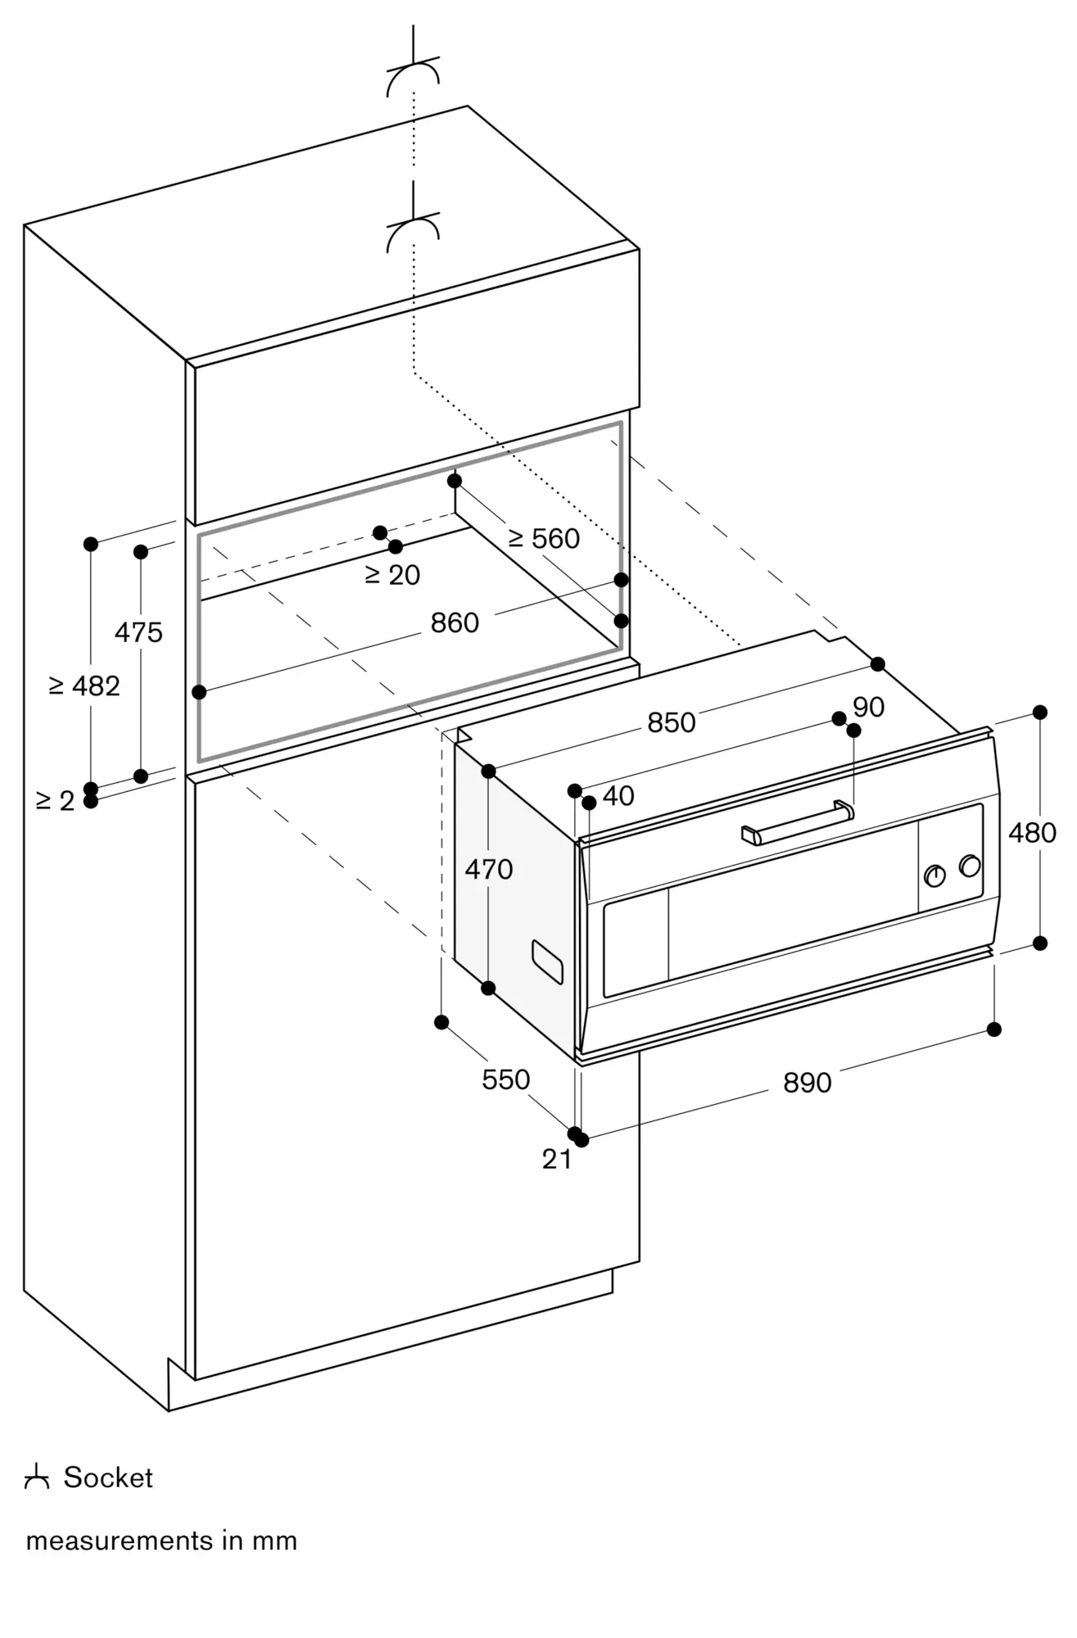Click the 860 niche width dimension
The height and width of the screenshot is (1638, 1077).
[455, 623]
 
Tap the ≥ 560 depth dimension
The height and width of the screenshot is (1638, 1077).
[544, 538]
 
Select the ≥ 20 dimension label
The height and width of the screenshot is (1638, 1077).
[392, 575]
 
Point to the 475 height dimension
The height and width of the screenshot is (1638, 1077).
[138, 632]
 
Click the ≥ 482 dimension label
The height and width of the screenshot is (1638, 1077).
[84, 686]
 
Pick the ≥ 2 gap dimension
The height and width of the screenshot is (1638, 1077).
[56, 800]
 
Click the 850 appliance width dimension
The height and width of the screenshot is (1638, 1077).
[672, 722]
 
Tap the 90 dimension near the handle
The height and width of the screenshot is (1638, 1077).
[869, 707]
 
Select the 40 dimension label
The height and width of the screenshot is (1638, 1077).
[618, 795]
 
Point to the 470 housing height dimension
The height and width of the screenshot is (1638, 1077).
[489, 869]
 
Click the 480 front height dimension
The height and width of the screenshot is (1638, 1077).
[1032, 833]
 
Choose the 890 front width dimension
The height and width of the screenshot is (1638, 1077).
[808, 1083]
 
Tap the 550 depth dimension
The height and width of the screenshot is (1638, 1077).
[506, 1079]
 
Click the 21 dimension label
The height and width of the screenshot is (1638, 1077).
[557, 1159]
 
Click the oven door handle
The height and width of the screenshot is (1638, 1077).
[798, 822]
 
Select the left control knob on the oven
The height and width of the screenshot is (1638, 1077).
[934, 876]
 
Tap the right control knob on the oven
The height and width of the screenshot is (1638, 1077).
[970, 866]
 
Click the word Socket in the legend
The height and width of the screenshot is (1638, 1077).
[108, 1477]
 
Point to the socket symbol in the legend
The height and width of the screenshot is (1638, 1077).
[37, 1477]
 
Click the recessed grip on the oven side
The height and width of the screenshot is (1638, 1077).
[547, 962]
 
